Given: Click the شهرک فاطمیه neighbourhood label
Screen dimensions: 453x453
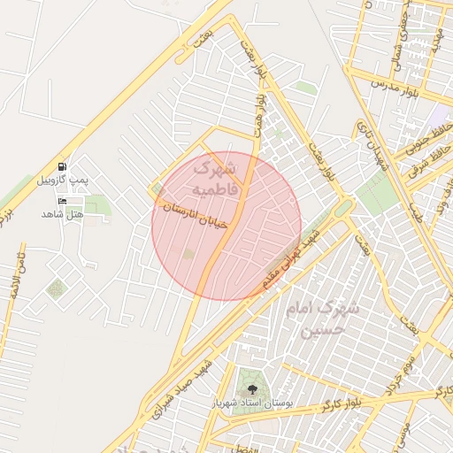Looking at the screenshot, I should [x=215, y=177].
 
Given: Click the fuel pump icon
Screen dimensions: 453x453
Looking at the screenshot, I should [x=62, y=166].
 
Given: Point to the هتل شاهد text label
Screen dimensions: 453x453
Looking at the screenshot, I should [x=62, y=214].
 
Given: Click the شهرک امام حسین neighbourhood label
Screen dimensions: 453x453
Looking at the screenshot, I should [x=325, y=319].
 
